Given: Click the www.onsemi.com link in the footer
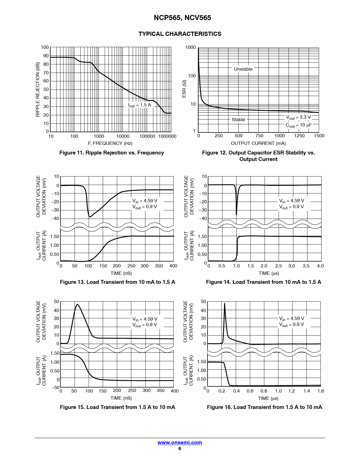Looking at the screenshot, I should pos(180,443).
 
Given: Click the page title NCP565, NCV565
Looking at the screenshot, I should pos(182,18).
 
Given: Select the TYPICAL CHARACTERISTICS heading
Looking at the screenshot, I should pos(180,34).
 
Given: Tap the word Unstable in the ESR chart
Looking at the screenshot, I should pos(243,69).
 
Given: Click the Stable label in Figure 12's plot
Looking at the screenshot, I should pos(238,119).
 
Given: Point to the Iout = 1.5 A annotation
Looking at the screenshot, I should pos(139,105).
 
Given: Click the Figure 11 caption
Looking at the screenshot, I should pos(112,153).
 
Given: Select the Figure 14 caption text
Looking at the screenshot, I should pos(263,282).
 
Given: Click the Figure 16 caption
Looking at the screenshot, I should pos(264,407).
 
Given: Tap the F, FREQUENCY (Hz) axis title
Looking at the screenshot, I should pos(110,143).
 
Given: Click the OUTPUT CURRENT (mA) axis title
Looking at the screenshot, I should pos(258,143).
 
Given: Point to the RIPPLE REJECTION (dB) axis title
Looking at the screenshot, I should pos(38,90).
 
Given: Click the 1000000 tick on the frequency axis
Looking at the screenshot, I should pos(167,136).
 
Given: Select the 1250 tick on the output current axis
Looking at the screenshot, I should pos(299,136).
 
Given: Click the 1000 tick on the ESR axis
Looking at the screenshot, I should pos(190,47).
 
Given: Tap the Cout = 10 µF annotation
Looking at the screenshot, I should pos(298,125).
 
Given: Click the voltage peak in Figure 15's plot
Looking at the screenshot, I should pos(77,304).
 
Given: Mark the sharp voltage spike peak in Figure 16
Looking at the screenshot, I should pos(224,303).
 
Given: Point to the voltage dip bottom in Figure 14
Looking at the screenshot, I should pos(236,215).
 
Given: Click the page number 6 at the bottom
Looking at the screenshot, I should pos(180,448).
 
